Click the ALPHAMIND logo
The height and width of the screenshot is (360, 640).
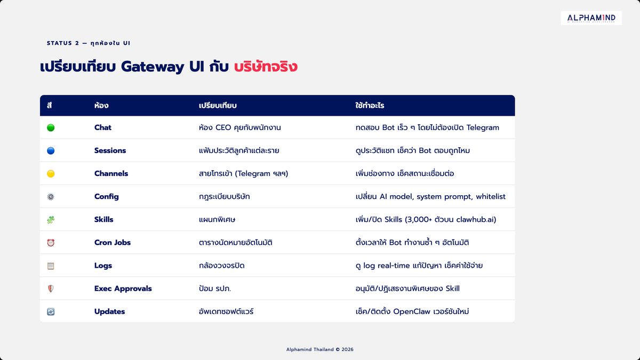click(x=591, y=18)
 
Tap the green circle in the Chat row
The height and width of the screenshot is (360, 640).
click(x=51, y=127)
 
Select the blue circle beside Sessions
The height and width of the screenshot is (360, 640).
click(x=51, y=150)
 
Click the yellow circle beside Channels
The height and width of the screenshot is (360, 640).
click(x=51, y=174)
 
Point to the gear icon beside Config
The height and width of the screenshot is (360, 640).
click(x=51, y=197)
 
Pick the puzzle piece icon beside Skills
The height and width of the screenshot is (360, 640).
click(x=51, y=220)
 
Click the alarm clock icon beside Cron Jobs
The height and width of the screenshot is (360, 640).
click(x=51, y=243)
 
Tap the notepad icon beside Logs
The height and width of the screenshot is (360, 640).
click(x=51, y=266)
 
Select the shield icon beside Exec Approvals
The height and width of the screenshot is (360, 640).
click(x=51, y=289)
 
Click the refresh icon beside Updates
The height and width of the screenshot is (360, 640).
click(x=51, y=311)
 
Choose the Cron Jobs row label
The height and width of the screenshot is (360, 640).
click(x=113, y=243)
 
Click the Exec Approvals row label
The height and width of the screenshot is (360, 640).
click(x=123, y=289)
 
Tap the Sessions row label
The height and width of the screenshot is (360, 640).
click(x=110, y=150)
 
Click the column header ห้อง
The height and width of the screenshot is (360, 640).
click(x=101, y=106)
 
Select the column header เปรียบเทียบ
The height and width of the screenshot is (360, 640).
click(x=218, y=106)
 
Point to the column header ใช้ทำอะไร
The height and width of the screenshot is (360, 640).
click(x=370, y=106)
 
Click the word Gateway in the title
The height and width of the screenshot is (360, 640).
click(x=153, y=67)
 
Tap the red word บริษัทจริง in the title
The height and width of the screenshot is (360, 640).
click(x=266, y=67)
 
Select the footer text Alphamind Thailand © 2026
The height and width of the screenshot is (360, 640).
click(x=319, y=349)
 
